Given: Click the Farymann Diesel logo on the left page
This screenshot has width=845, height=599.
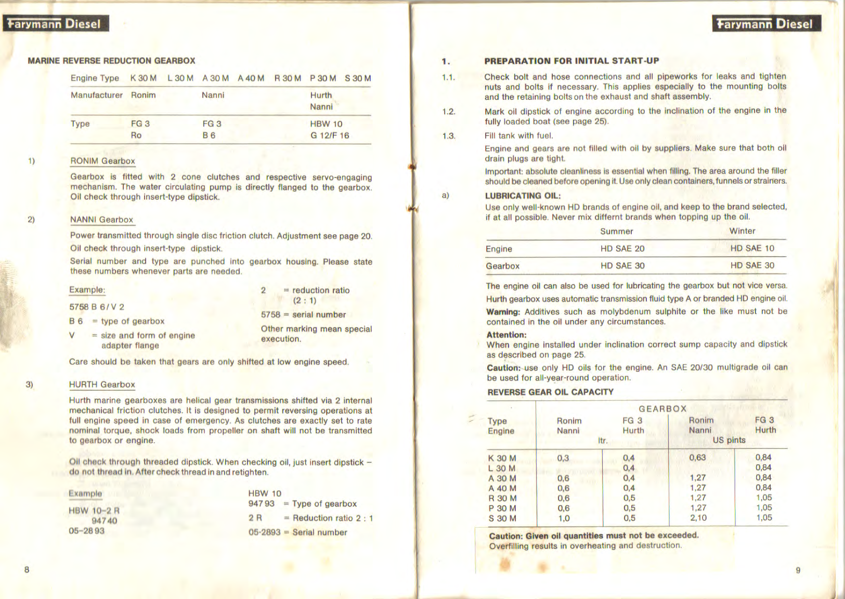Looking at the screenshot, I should point(55,23).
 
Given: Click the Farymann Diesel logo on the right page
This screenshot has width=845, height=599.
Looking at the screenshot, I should point(766,23).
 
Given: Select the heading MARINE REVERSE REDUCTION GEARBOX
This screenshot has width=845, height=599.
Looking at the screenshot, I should point(111,61).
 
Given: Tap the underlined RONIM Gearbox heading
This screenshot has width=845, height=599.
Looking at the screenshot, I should point(102,161).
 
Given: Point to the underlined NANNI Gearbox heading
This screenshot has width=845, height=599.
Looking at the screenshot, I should point(102,220).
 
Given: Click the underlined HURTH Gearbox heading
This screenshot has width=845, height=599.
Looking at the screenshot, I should point(102,385).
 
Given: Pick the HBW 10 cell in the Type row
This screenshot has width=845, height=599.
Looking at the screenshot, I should point(326,124).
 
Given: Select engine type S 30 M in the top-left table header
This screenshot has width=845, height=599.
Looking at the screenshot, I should point(358,79).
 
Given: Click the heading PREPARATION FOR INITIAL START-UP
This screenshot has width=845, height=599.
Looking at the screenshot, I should point(571,61).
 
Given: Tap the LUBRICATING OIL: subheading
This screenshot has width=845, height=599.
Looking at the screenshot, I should point(523,196).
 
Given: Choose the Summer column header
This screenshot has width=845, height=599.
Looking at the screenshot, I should point(617,231).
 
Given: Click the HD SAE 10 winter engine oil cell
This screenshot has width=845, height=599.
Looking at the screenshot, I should point(752,248).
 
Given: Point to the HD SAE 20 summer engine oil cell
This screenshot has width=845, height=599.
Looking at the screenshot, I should point(622,248).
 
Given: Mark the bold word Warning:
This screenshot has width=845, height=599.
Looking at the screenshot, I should point(503,312).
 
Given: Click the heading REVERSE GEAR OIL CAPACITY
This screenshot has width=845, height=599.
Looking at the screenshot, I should point(550,392).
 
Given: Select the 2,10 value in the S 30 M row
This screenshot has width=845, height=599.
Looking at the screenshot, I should point(698,518).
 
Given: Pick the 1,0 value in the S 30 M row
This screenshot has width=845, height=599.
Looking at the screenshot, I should point(564,518).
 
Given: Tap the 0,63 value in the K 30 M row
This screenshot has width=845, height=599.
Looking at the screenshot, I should point(697,457).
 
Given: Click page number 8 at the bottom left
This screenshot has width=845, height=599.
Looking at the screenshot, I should point(27,569).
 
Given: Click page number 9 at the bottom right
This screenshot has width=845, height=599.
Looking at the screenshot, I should point(798,570).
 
